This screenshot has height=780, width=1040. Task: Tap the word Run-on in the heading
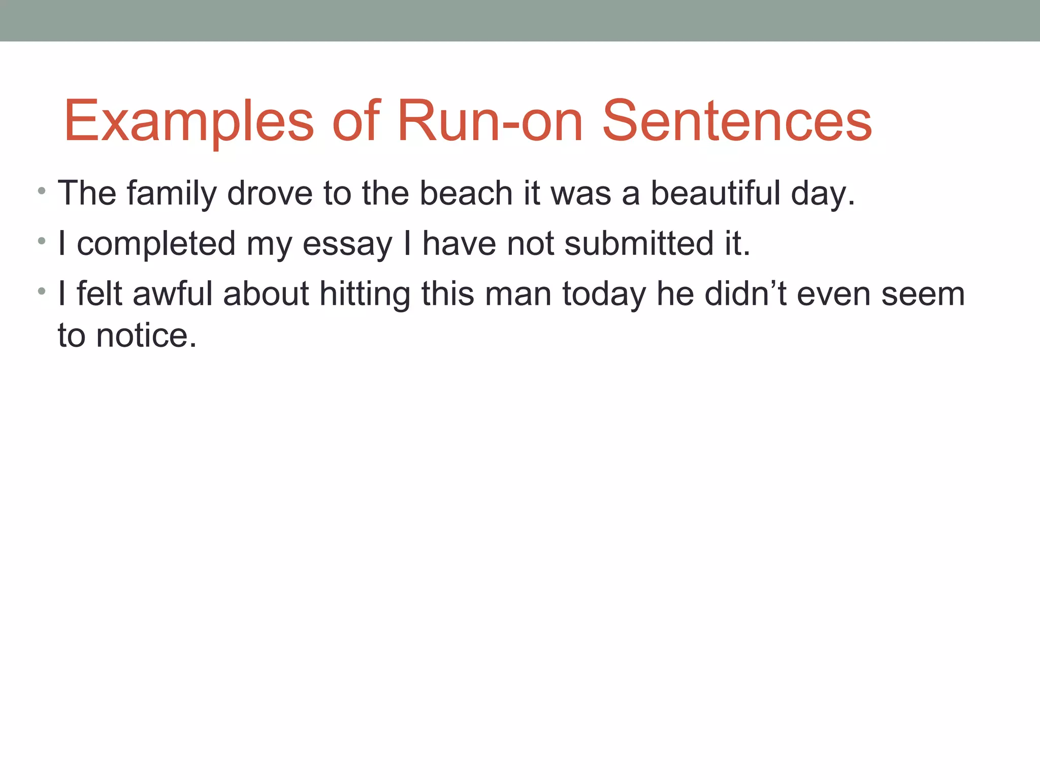(x=490, y=121)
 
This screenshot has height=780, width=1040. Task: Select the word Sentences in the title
(x=737, y=121)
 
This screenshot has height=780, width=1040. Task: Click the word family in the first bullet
(x=172, y=193)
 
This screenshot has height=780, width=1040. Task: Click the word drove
(x=270, y=193)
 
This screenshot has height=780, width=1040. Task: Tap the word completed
(x=156, y=244)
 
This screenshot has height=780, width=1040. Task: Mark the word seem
(x=923, y=295)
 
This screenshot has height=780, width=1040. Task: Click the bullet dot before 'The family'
(x=42, y=192)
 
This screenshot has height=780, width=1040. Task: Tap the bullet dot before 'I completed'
(x=42, y=242)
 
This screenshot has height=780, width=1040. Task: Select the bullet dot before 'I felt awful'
(x=42, y=292)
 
